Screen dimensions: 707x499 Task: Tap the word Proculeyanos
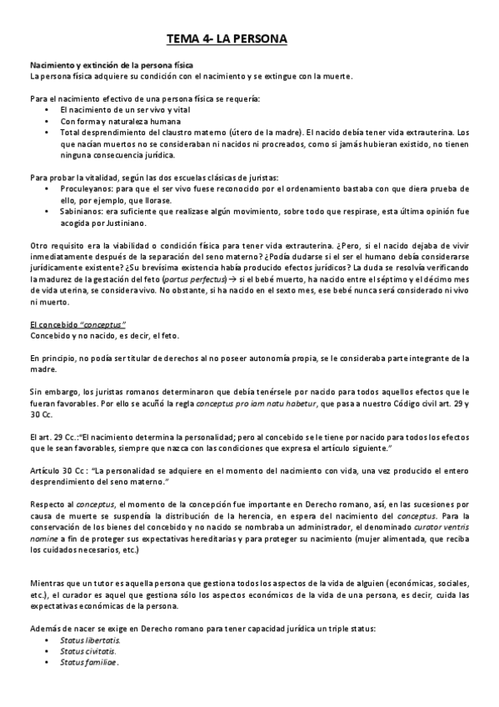(86, 188)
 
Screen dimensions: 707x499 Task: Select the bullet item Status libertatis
(90, 639)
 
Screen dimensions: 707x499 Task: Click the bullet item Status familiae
(88, 663)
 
